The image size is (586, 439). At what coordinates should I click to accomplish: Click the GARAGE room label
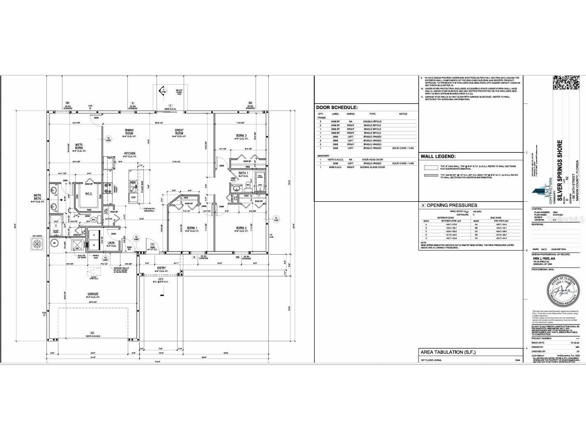[92, 294]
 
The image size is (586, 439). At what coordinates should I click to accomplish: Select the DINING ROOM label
[129, 132]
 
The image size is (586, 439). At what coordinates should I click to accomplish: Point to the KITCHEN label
[130, 154]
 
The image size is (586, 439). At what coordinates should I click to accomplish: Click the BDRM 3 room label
[241, 136]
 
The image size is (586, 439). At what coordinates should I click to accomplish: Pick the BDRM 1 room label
[192, 228]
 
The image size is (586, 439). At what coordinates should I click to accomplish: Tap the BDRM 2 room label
[241, 228]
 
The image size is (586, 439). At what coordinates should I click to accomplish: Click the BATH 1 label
[244, 173]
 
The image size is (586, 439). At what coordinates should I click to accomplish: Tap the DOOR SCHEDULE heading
[337, 108]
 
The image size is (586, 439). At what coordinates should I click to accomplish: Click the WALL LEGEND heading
[438, 156]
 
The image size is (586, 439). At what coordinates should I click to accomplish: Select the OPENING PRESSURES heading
[452, 205]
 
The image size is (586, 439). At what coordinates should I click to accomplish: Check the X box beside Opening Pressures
[422, 205]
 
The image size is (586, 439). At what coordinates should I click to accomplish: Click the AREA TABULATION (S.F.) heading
[448, 352]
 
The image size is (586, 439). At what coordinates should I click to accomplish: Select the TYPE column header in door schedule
[372, 114]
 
